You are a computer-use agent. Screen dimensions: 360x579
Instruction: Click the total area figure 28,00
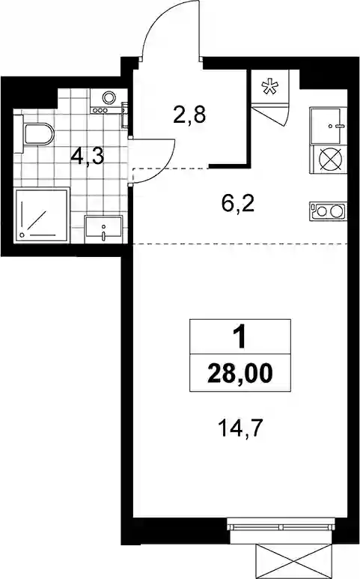point(240,374)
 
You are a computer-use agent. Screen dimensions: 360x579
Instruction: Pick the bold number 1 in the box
point(240,338)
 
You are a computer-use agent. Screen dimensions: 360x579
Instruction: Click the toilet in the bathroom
point(35,133)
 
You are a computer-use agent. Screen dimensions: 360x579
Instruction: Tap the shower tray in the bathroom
point(42,215)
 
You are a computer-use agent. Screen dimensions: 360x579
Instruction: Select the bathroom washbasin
point(103,229)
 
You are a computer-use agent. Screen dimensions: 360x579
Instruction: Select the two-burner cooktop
point(329,211)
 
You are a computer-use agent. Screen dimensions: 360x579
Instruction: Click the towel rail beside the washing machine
point(126,115)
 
